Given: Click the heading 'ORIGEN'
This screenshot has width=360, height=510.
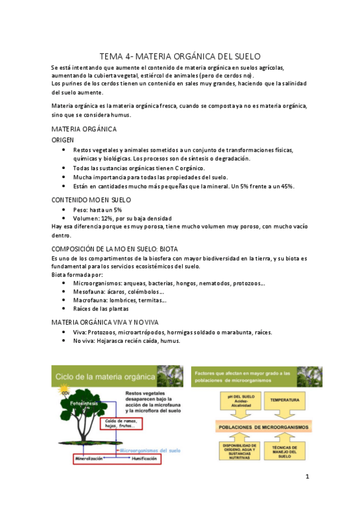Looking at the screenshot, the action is (x=63, y=140).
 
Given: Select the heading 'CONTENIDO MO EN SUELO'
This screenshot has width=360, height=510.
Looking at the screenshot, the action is (x=91, y=199).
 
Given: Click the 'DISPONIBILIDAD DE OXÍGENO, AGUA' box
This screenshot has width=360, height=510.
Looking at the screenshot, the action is (x=236, y=452).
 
